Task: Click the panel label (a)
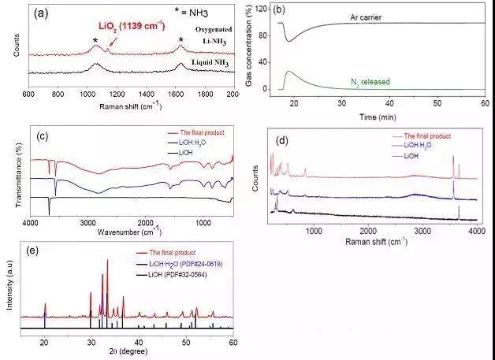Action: pos(46,13)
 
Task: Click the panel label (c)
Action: pos(43,135)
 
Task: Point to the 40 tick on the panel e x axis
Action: pos(139,340)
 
